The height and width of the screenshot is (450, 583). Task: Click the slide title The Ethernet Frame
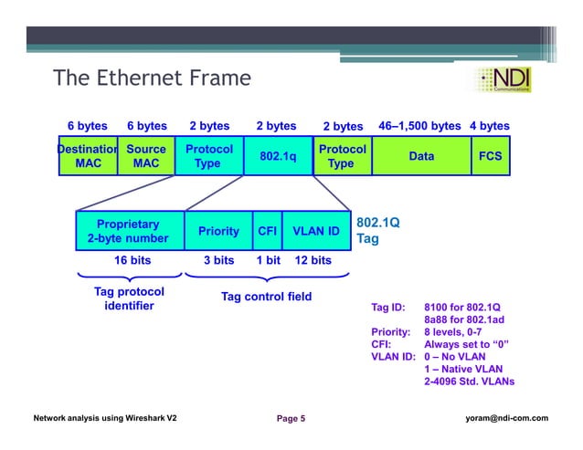pos(151,78)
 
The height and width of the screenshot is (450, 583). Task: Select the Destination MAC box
pos(88,156)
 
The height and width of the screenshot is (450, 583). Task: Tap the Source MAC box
pos(146,156)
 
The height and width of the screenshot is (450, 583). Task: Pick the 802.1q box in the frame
pos(278,156)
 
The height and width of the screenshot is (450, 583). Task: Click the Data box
pos(421,156)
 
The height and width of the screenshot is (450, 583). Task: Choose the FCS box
pos(490,156)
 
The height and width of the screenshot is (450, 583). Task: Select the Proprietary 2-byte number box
pos(128,231)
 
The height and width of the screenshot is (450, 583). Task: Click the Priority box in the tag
pos(218,232)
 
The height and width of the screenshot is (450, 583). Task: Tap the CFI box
pos(267,232)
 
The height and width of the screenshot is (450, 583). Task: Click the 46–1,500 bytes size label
pos(419,126)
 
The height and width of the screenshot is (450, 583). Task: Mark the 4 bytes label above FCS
pos(489,126)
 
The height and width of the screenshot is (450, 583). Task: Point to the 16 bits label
pos(132,260)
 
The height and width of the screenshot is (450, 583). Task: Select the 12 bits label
pos(313,260)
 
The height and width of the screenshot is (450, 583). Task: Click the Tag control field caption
pos(266,297)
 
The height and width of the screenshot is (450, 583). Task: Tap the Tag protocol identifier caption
pos(129,298)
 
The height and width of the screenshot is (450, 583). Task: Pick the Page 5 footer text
pos(291,418)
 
